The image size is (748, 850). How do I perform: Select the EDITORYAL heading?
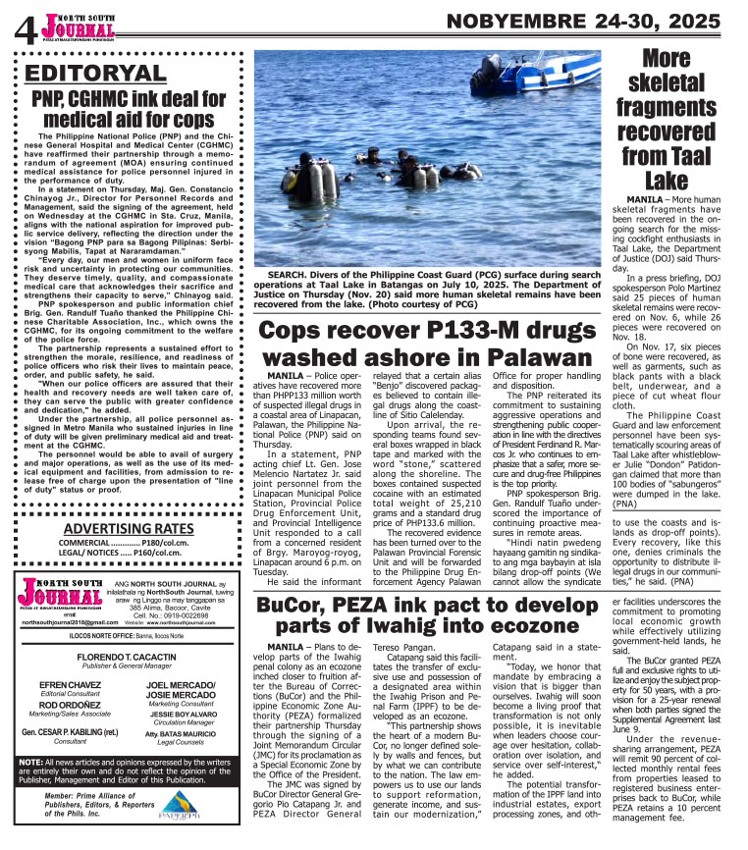tap(96, 75)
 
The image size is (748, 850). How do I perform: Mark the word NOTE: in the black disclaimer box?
tap(30, 789)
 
